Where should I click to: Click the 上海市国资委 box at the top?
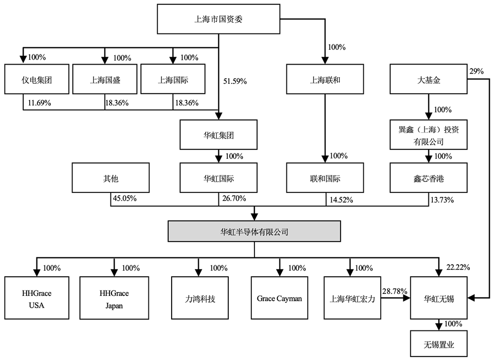point(218,19)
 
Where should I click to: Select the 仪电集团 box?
point(37,79)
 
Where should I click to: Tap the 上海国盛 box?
point(105,79)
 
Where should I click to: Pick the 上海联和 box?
point(325,79)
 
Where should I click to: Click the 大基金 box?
point(428,79)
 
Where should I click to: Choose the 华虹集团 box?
point(218,135)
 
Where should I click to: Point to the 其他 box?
point(110,178)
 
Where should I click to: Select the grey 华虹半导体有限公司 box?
point(254,231)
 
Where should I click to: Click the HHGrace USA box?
point(37,298)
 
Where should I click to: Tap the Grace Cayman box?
point(280,298)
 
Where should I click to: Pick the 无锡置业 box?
point(439,344)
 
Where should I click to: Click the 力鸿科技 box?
point(200,298)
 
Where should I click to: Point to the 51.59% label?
point(235,81)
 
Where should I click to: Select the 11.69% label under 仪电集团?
point(39,103)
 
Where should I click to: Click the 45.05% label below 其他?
point(125,198)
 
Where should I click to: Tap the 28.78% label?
point(395,291)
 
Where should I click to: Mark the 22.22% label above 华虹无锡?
point(458,267)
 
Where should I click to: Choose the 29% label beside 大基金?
point(477,71)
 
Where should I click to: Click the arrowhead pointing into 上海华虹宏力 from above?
point(350,273)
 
